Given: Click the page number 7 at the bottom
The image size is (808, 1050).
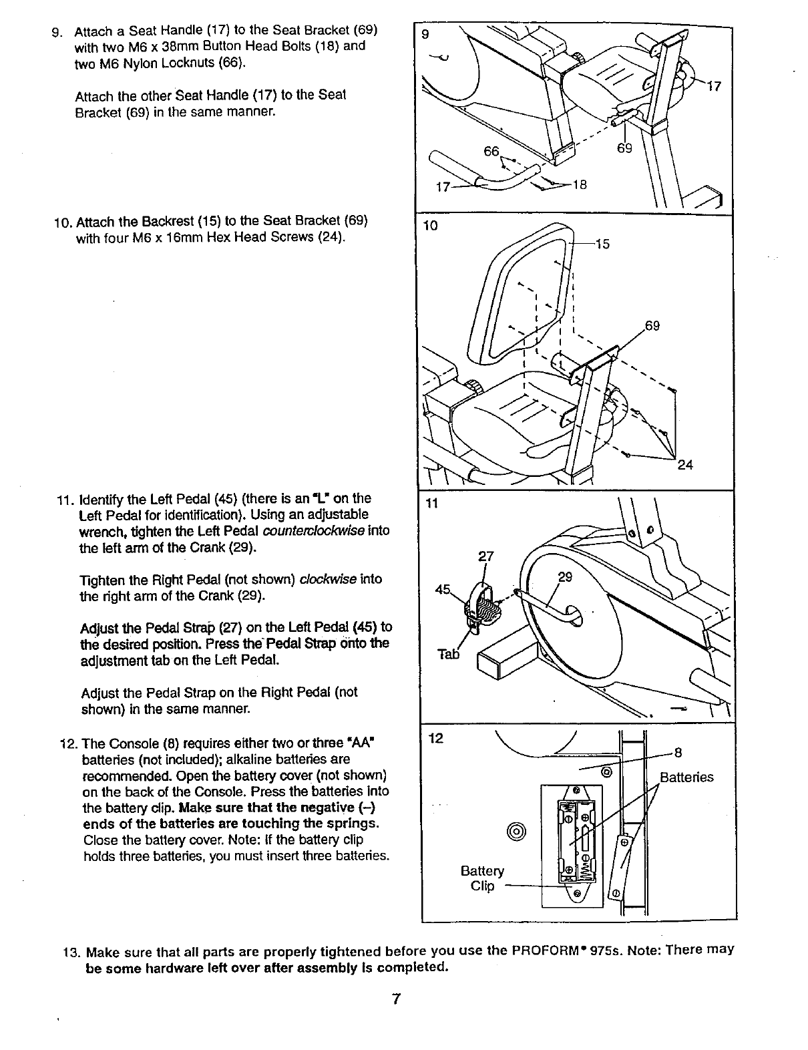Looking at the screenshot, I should click(396, 999).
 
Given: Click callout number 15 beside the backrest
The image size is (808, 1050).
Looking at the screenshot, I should click(602, 244).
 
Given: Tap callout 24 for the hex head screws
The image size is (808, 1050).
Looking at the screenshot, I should click(685, 466).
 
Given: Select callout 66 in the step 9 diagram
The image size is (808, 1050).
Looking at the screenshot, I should click(491, 151).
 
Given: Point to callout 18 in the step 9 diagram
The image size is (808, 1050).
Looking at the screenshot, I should click(579, 186).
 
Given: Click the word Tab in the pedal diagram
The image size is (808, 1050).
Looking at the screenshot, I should click(449, 654).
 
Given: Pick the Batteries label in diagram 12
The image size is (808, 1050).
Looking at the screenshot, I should click(686, 777).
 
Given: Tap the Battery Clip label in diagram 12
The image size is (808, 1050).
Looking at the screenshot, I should click(482, 878).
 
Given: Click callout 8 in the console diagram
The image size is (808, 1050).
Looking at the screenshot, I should click(677, 753).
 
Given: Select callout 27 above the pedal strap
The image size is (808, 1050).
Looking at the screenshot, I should click(485, 556).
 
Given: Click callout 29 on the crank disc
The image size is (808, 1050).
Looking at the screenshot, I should click(565, 578).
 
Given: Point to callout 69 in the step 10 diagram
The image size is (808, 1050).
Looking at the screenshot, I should click(652, 326).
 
